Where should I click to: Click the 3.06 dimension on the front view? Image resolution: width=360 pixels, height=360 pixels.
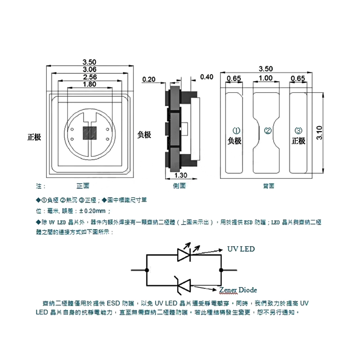[x=90, y=69]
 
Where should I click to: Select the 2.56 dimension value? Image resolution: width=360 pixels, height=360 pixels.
[x=90, y=77]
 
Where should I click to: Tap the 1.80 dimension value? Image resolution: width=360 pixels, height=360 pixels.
[x=90, y=84]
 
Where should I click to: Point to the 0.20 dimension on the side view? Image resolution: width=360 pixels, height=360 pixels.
[x=148, y=80]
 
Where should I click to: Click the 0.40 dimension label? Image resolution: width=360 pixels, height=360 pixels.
[x=207, y=77]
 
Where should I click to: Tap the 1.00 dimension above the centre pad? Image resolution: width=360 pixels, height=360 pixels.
[x=266, y=78]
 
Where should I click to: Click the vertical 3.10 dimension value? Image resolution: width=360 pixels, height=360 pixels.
[x=319, y=133]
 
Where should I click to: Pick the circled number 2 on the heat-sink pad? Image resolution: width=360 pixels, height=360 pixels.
[x=268, y=131]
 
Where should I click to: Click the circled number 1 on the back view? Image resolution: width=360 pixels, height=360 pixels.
[x=234, y=131]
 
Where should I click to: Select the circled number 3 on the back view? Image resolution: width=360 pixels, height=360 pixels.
[x=298, y=131]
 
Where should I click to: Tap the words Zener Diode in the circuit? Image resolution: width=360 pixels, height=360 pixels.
[x=238, y=289]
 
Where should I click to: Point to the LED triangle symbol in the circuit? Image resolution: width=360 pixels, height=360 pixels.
[x=184, y=255]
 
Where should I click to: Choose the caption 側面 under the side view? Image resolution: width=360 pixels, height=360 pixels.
[x=179, y=185]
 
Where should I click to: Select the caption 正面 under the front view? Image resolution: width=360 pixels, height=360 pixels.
[x=83, y=185]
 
